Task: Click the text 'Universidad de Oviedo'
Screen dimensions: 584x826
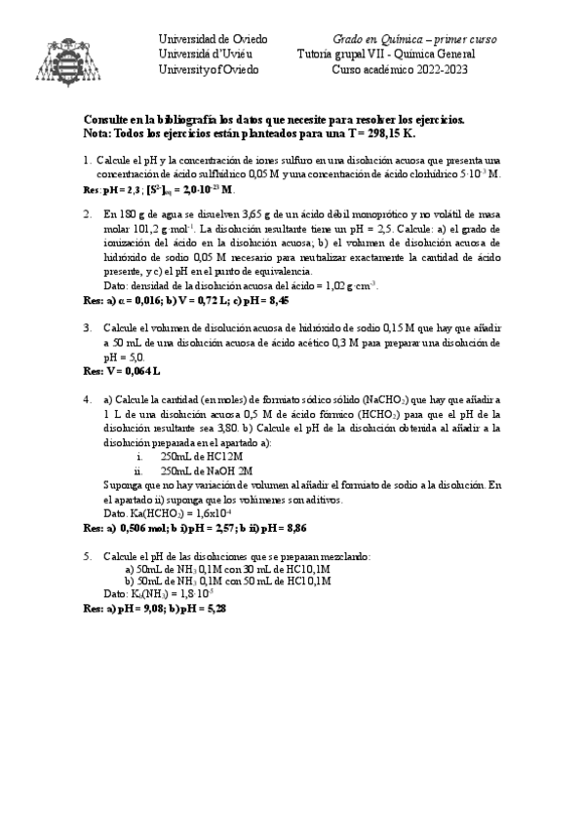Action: coord(213,38)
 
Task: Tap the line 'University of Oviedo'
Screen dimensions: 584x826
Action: coord(210,69)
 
